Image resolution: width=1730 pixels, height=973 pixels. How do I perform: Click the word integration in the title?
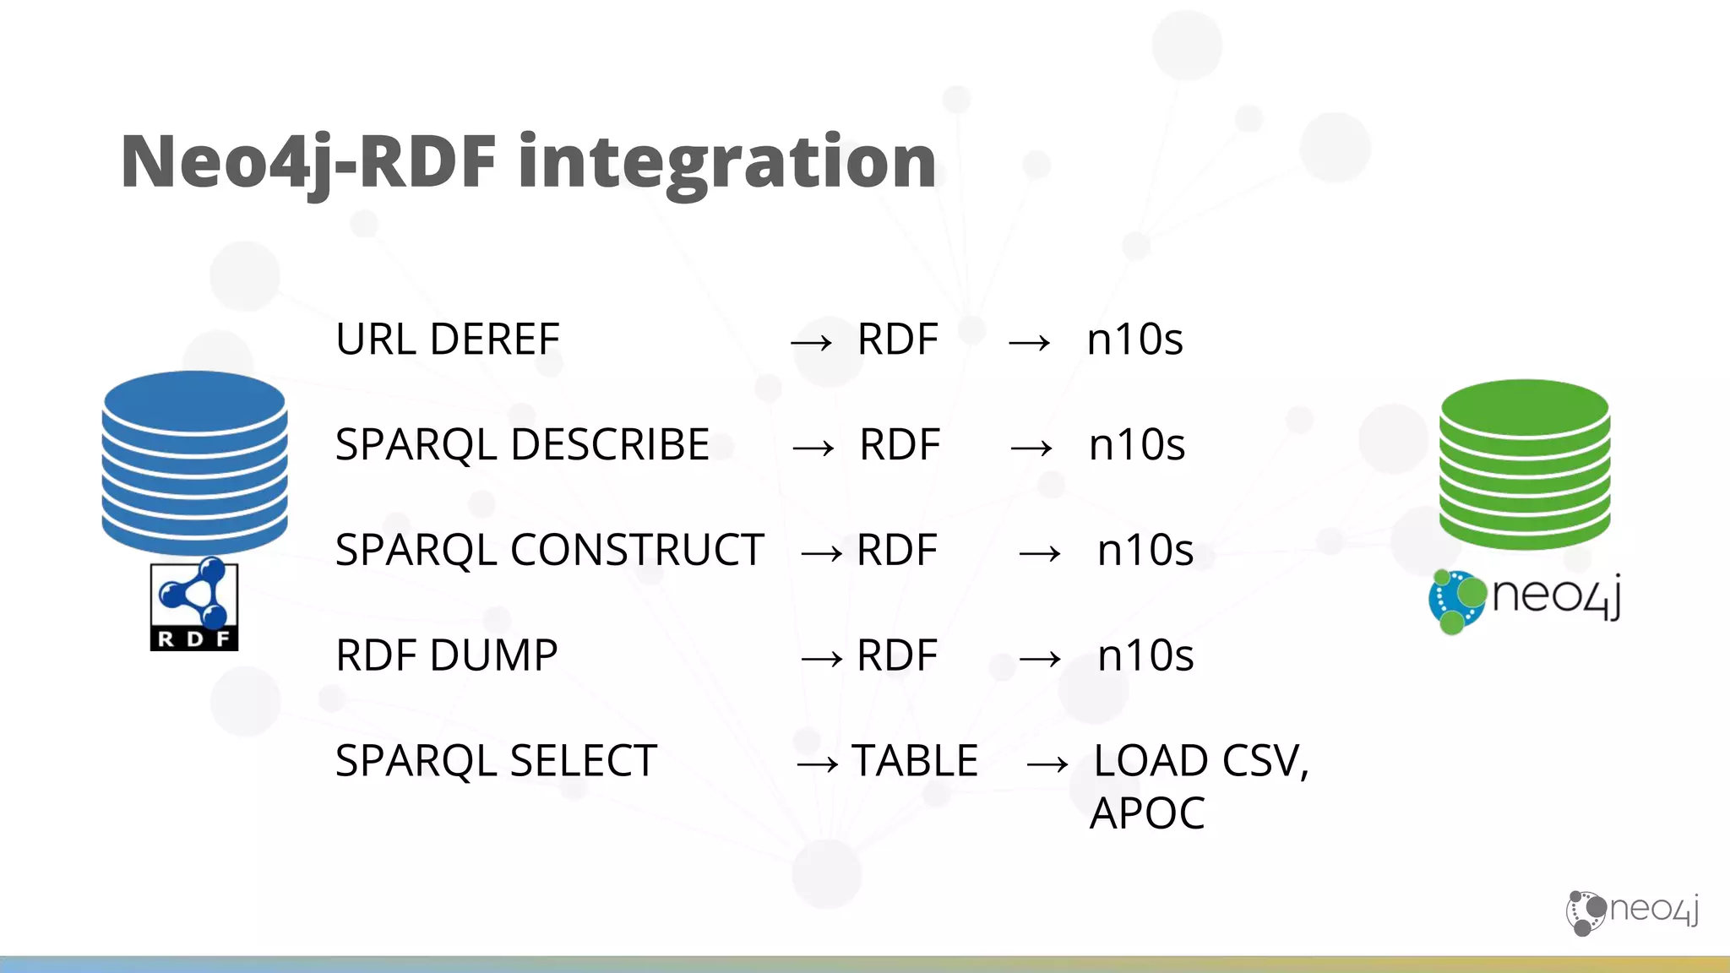(726, 162)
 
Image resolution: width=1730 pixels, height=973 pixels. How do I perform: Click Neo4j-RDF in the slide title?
(308, 162)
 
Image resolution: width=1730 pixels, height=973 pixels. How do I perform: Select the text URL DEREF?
(447, 340)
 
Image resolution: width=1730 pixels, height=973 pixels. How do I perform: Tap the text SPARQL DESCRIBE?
(522, 445)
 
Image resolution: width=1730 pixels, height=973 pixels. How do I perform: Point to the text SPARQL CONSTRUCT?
(549, 551)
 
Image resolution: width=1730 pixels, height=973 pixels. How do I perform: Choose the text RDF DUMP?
(446, 655)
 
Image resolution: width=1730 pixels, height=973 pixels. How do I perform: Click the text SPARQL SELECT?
(496, 761)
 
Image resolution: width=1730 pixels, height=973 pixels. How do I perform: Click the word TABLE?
(915, 761)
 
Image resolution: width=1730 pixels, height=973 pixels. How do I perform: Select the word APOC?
(1147, 813)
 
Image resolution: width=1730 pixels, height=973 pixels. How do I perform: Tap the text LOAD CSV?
(1200, 761)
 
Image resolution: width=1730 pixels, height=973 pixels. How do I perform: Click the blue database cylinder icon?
(194, 462)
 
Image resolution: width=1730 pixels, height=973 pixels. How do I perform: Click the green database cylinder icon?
(1525, 464)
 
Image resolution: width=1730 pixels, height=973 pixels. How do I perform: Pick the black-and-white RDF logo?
(194, 605)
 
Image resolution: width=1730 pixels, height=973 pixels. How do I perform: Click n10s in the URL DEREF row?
(1134, 340)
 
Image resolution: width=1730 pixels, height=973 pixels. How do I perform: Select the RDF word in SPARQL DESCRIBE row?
(900, 445)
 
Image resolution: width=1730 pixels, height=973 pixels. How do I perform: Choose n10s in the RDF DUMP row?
(1145, 655)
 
